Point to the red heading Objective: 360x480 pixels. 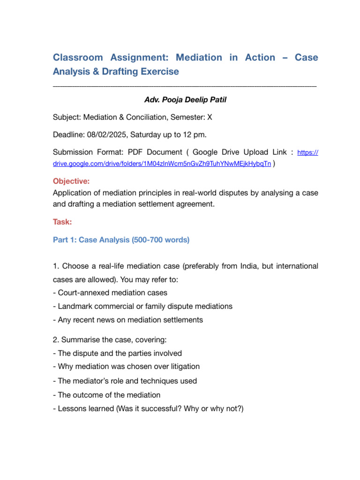71,181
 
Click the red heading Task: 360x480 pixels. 62,223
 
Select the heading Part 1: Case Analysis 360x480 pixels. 121,240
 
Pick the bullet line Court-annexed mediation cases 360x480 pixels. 110,293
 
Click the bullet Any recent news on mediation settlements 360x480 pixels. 127,320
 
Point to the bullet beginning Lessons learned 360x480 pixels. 148,408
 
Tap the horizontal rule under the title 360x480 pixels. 185,86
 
